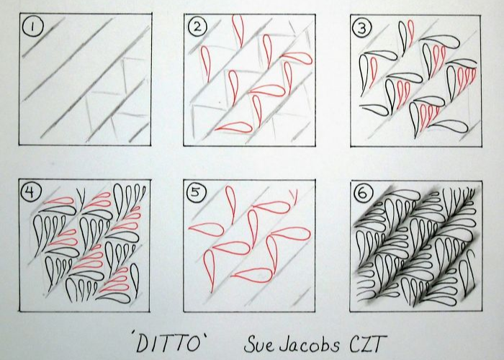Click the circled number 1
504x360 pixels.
[x=32, y=27]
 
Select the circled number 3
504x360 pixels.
[x=362, y=28]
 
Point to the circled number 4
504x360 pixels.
[x=30, y=192]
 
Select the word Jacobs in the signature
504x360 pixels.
[x=309, y=344]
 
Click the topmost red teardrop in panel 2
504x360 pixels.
[x=238, y=30]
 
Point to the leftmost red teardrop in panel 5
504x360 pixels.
[x=207, y=228]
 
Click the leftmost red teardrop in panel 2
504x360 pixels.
[x=205, y=63]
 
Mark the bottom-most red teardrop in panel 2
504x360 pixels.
[x=234, y=127]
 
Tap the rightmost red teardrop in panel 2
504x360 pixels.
[x=297, y=58]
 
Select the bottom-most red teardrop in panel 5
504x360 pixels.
[x=252, y=275]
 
